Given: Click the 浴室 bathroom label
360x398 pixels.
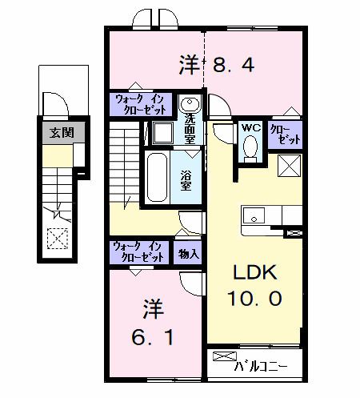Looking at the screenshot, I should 186,180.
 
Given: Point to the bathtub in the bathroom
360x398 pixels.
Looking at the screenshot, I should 156,178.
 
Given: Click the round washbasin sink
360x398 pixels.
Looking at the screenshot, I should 190,105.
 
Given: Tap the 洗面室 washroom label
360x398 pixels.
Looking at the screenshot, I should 190,128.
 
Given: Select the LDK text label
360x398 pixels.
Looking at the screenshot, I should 255,273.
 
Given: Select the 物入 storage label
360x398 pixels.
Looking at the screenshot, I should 189,252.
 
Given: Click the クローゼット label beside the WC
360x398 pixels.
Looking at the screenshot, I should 285,133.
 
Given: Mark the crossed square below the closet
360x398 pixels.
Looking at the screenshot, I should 290,166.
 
